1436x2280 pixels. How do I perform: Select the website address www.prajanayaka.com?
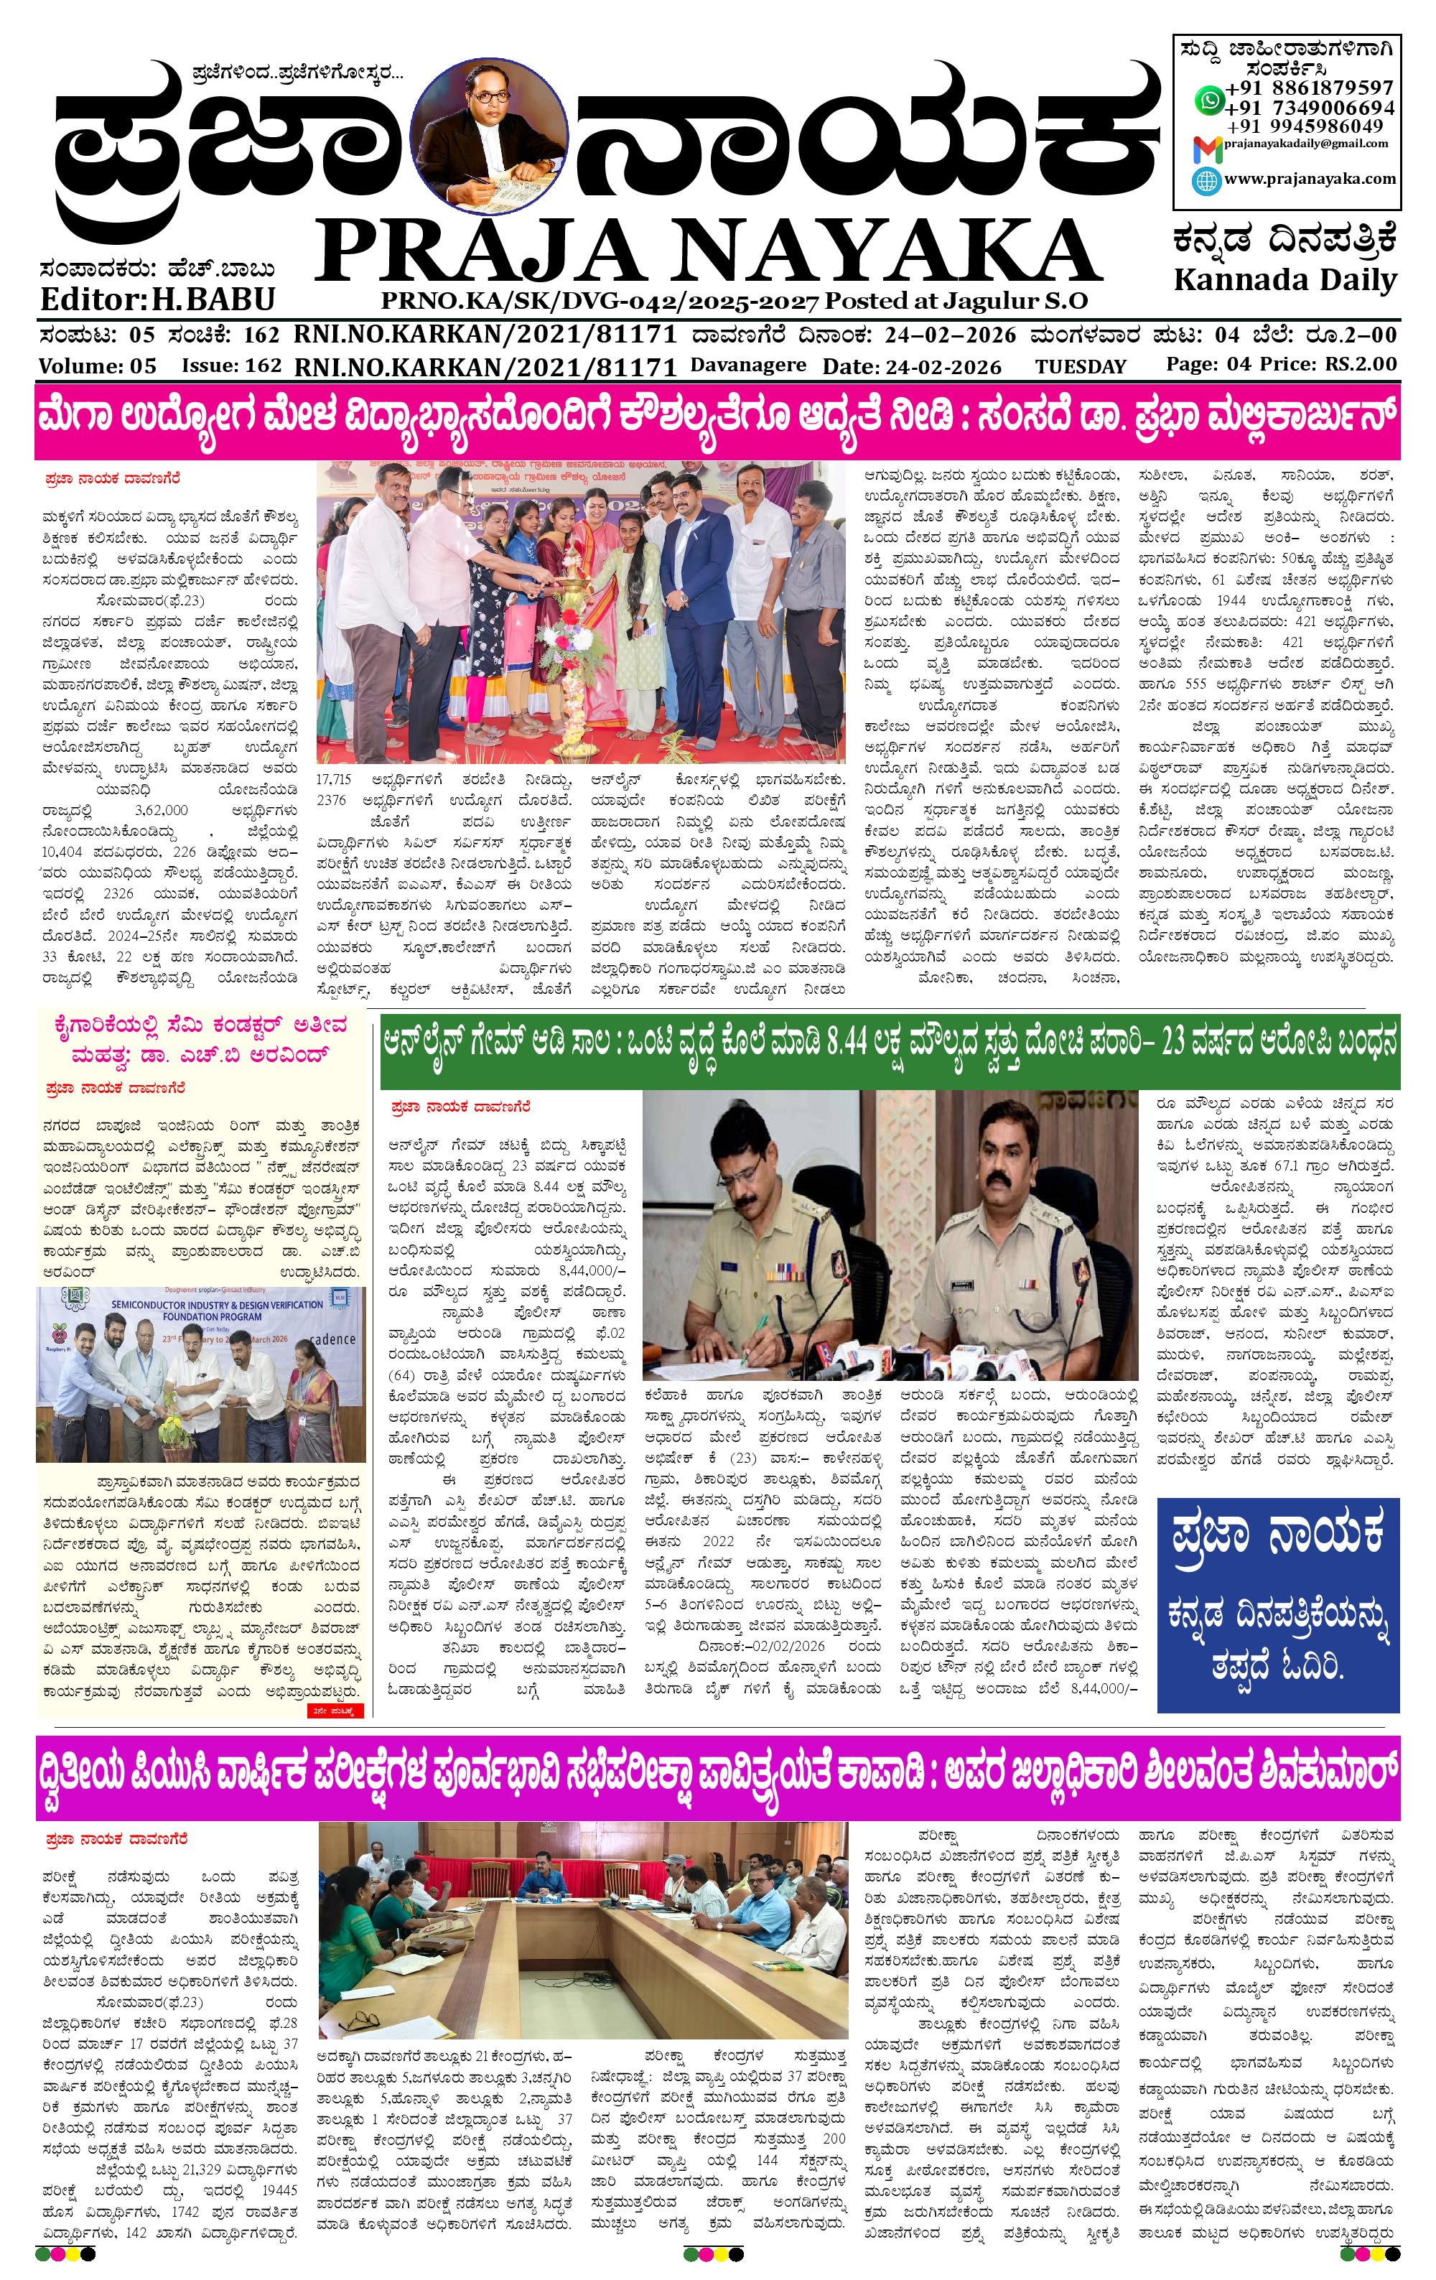click(1309, 179)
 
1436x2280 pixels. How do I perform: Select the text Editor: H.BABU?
click(157, 299)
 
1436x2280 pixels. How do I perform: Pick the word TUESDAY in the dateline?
click(1080, 366)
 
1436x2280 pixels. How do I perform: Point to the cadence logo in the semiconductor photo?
click(332, 1339)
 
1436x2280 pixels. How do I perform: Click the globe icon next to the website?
click(1207, 181)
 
